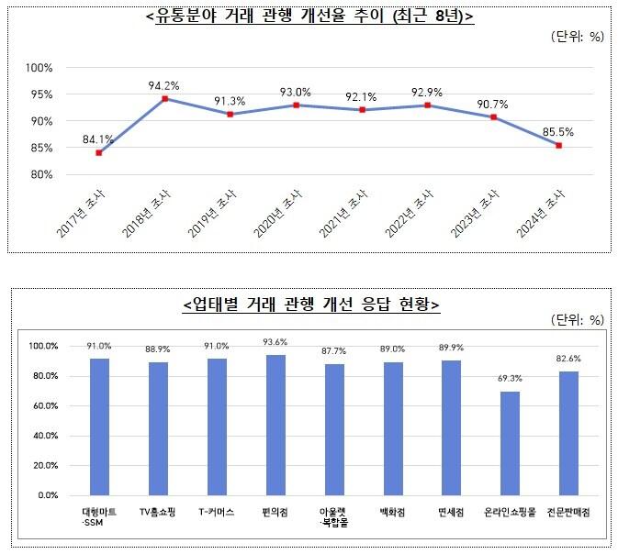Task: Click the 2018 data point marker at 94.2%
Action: [x=164, y=99]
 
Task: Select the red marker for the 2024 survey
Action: [x=558, y=146]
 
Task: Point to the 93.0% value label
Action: [x=296, y=92]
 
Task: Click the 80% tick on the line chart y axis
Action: [x=41, y=174]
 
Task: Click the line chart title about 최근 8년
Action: [x=309, y=16]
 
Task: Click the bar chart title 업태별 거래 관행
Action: [x=310, y=304]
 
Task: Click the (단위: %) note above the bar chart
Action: [x=576, y=320]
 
